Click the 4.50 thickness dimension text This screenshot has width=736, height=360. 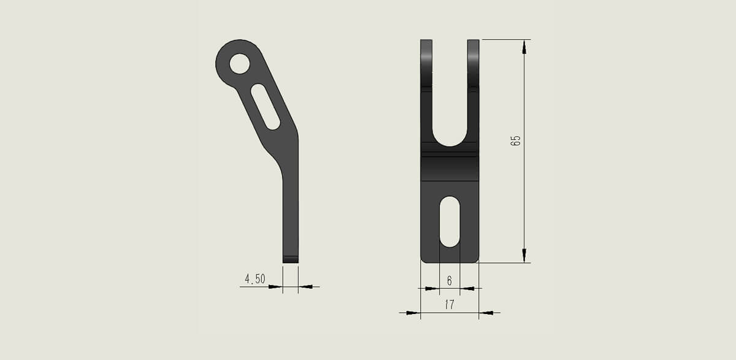point(255,279)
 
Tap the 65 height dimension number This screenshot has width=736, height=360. point(516,140)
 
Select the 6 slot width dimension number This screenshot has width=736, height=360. point(450,280)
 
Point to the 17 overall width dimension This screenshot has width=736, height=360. point(450,304)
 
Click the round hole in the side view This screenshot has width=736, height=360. point(240,64)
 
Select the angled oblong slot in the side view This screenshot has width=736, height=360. point(266,107)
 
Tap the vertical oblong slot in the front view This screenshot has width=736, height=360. point(450,222)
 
